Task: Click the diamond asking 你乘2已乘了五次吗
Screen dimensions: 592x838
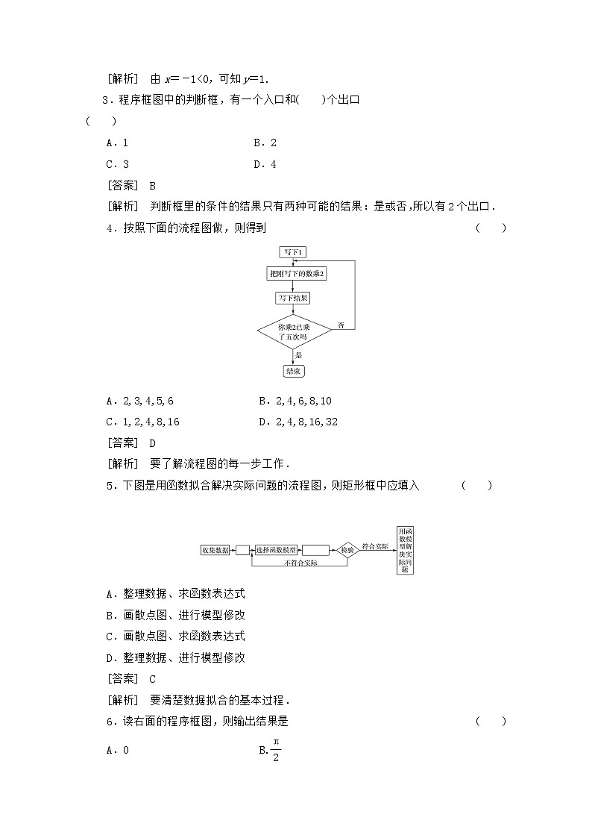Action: [x=293, y=332]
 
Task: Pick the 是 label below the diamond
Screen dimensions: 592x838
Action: [x=298, y=355]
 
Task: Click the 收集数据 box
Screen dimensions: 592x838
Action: [x=215, y=550]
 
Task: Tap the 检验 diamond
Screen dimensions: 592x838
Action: [x=347, y=550]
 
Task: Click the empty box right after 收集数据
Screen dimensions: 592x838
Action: [x=242, y=550]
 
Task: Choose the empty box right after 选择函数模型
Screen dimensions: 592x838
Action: [x=316, y=550]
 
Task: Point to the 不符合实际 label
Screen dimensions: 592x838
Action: [x=300, y=563]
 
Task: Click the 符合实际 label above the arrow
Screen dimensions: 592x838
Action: [x=374, y=546]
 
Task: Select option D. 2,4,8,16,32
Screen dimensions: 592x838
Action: [x=298, y=422]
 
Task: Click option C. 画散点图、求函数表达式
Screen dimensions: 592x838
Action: [x=176, y=637]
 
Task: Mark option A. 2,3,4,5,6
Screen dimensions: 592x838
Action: [x=140, y=401]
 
